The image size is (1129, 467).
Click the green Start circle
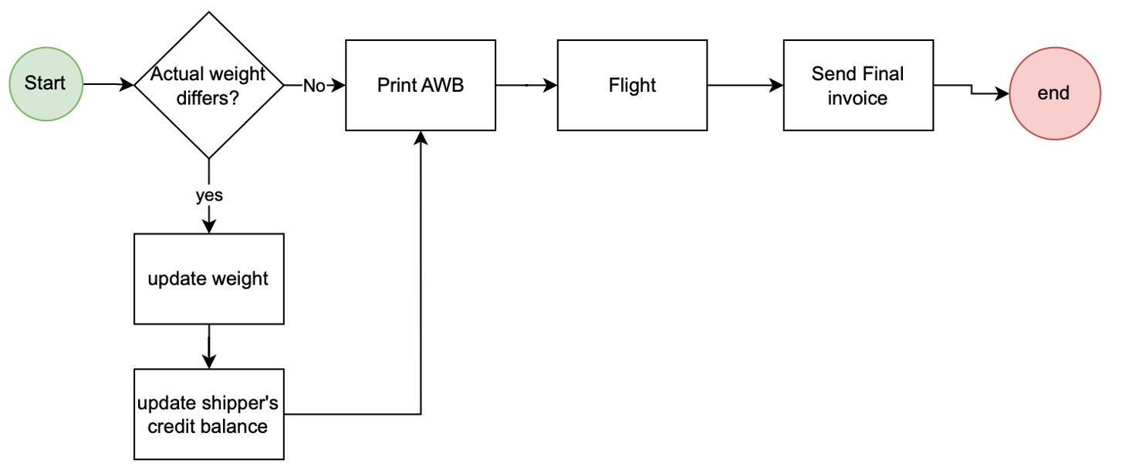pos(46,84)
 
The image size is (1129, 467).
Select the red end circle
pos(1055,93)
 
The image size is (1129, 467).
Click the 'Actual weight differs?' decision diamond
pos(208,85)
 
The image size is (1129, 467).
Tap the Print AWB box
pos(421,85)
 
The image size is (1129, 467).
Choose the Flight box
pos(632,85)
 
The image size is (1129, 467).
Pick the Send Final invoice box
pos(858,85)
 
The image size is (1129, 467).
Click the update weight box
pos(208,279)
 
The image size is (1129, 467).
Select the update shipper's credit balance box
pos(208,414)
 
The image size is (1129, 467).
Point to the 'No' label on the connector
pos(314,86)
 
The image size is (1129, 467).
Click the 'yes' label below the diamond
pos(209,195)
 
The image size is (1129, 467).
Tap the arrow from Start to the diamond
pos(108,84)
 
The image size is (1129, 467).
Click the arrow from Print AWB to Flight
pos(527,85)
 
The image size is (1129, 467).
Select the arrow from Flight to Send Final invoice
pos(745,85)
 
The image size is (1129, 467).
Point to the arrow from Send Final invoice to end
pos(972,90)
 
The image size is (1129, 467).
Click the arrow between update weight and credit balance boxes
pos(208,347)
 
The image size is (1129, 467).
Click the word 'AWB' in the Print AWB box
pos(443,85)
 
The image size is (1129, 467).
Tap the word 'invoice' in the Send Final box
pos(857,98)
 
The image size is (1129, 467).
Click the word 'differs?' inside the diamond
pos(208,98)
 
